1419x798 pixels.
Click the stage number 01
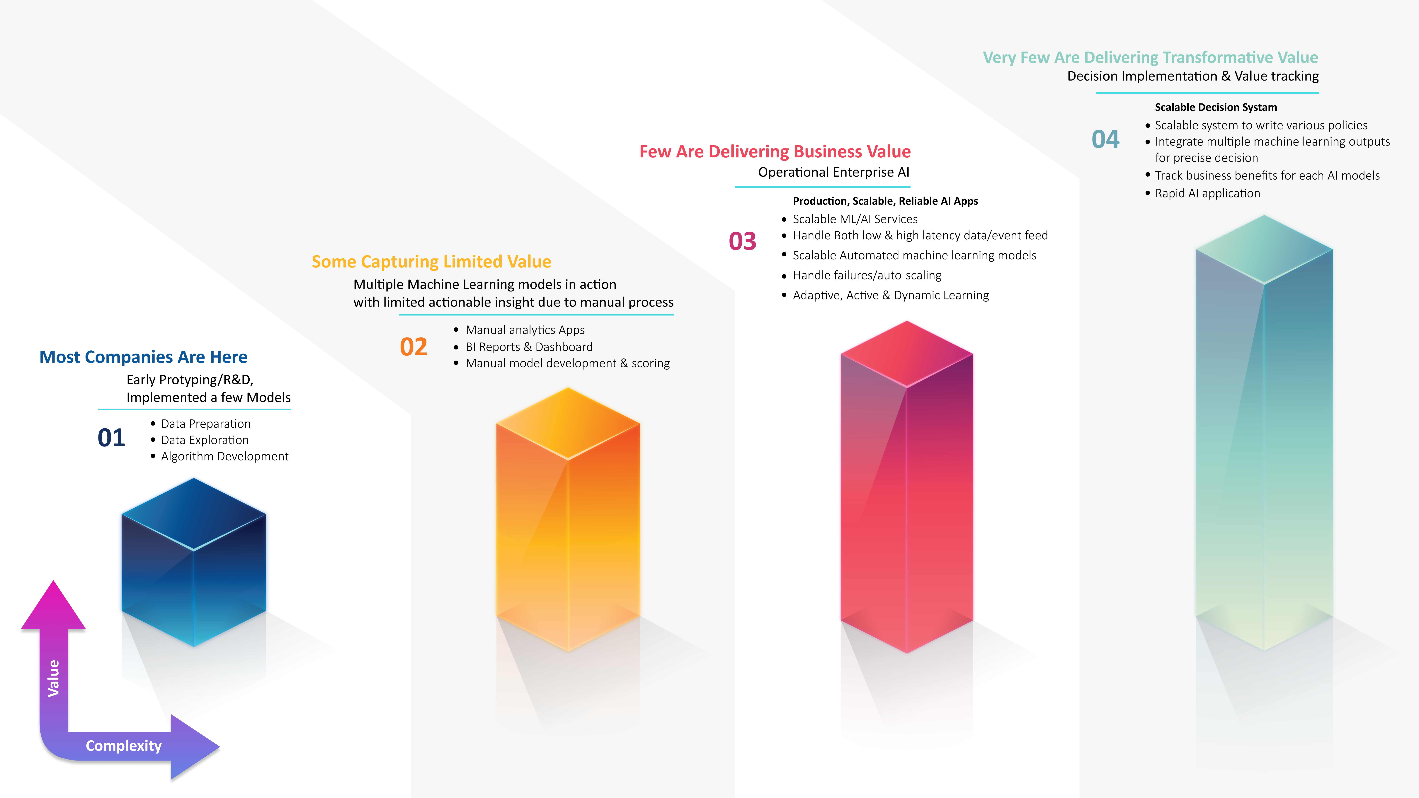[111, 438]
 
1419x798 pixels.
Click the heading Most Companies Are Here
[143, 357]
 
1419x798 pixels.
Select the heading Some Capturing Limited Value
[431, 262]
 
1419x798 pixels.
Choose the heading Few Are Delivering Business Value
[775, 151]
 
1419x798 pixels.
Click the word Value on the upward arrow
[53, 678]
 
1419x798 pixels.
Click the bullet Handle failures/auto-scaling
[867, 275]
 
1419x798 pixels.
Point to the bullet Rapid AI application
[1207, 193]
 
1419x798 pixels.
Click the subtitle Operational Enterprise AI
[834, 172]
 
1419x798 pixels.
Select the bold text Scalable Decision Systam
[1216, 107]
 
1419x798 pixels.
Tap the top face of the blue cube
[194, 514]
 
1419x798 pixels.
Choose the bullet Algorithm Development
[225, 457]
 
